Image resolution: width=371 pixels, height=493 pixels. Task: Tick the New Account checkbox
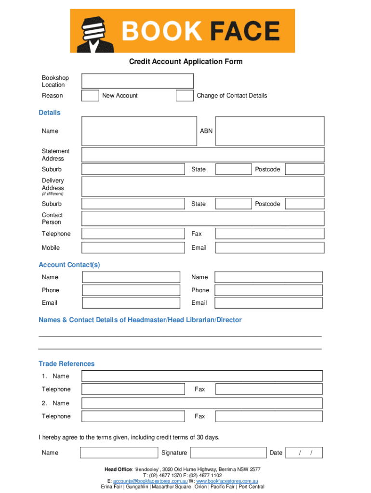tap(90, 95)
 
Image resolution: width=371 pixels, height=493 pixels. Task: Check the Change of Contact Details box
tap(185, 95)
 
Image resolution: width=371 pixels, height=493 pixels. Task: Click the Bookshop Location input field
tap(137, 81)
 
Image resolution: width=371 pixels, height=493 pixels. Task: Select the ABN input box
tap(269, 131)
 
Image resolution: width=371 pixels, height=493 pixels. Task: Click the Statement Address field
tap(203, 155)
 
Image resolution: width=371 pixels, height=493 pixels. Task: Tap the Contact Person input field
tap(203, 219)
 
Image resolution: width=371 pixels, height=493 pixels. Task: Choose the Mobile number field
tap(133, 247)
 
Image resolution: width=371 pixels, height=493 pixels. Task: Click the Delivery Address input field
tap(203, 186)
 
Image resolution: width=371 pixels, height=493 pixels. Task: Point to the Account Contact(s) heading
tap(69, 265)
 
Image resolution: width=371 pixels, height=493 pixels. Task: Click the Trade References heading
tap(66, 363)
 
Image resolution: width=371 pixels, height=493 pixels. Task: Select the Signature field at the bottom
tap(228, 453)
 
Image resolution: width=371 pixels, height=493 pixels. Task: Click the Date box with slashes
tap(304, 453)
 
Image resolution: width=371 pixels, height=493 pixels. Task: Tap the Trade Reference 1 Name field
tap(202, 376)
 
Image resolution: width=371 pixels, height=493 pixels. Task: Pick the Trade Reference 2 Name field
tap(202, 403)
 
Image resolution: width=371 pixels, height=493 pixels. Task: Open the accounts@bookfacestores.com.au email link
tap(150, 481)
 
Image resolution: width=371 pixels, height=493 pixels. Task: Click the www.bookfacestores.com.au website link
tap(227, 481)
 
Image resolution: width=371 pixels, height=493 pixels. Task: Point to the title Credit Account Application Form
tap(185, 62)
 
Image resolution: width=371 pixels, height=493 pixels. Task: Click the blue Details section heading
tap(50, 113)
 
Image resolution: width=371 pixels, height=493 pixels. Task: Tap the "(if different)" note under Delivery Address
tap(53, 194)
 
